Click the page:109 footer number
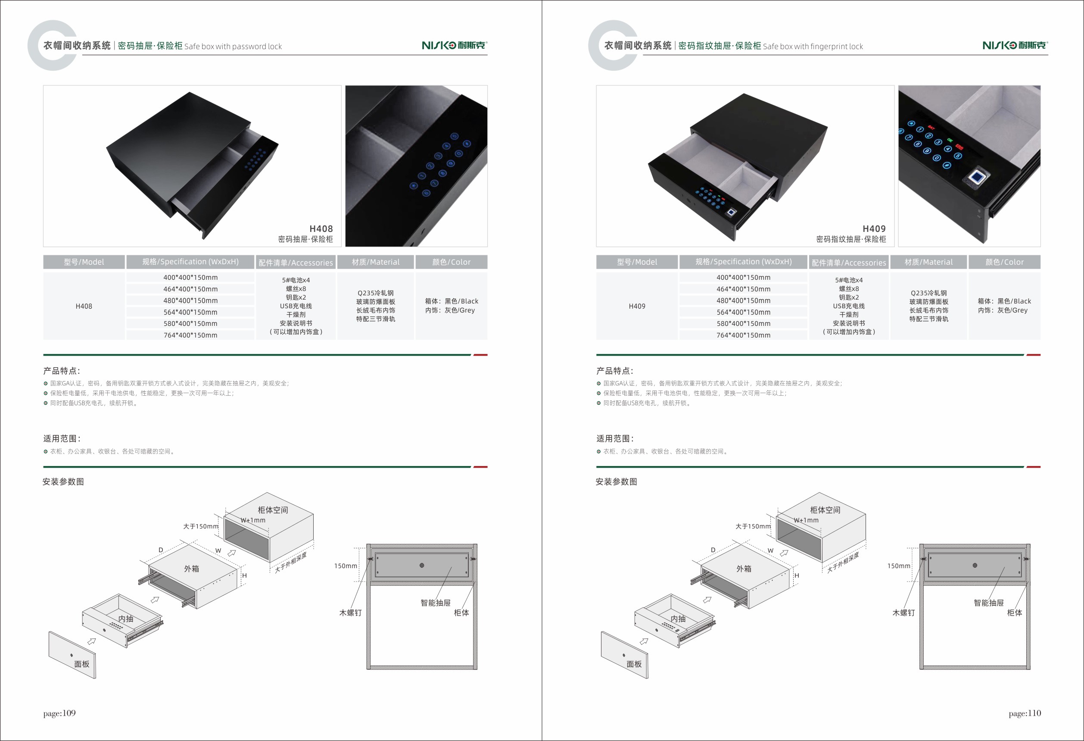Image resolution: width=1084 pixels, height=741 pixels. [59, 713]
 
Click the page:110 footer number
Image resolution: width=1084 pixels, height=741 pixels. [1025, 713]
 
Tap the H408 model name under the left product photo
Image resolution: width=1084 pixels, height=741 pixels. [321, 228]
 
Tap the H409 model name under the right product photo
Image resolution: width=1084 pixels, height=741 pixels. [874, 228]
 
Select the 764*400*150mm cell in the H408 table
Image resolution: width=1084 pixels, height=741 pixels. [190, 335]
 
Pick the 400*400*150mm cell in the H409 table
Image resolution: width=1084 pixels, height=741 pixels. [744, 277]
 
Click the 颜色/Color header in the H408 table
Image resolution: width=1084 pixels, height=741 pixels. [452, 262]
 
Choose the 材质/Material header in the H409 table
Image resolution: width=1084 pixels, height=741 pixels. [928, 262]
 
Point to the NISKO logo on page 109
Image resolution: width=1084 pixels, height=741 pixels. [454, 45]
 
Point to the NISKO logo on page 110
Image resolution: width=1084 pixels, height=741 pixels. [1015, 45]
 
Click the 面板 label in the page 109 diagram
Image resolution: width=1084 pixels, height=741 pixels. [81, 664]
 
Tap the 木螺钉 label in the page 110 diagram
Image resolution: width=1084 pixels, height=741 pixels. [903, 613]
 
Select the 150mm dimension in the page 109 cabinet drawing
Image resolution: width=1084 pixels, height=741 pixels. [346, 566]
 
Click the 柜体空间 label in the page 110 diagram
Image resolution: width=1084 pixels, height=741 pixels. [825, 510]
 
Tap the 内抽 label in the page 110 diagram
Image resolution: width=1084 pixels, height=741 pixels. [678, 619]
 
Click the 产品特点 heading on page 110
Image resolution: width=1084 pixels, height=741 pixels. [615, 371]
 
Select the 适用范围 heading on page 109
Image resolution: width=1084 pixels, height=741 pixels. [62, 439]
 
